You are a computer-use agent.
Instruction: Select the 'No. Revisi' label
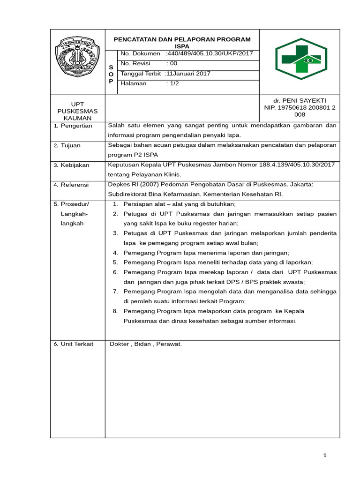[134, 64]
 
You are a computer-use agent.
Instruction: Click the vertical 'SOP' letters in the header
[111, 74]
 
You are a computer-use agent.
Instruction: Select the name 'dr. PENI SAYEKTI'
[300, 101]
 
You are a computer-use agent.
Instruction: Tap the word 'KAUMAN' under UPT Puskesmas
[77, 118]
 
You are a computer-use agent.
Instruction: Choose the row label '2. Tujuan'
[69, 146]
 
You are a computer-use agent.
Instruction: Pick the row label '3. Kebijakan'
[71, 165]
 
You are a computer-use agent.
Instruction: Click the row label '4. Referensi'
[71, 185]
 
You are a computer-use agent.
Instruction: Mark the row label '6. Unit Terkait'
[74, 344]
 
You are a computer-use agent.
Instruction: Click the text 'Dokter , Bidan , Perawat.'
[145, 344]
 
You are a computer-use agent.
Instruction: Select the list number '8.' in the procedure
[115, 311]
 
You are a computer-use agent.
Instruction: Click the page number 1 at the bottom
[324, 456]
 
